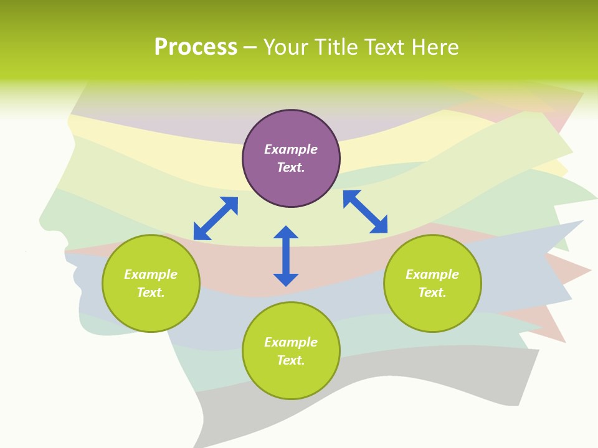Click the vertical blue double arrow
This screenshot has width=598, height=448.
pyautogui.click(x=286, y=256)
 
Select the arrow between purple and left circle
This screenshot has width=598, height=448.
pyautogui.click(x=216, y=218)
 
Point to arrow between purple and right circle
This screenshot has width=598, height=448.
pyautogui.click(x=366, y=212)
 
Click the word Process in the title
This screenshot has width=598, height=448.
pyautogui.click(x=196, y=47)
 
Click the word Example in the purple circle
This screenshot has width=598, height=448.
pyautogui.click(x=291, y=149)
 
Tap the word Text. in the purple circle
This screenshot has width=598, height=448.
pyautogui.click(x=291, y=167)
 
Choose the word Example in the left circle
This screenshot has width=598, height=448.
pyautogui.click(x=151, y=274)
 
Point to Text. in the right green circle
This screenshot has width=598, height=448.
pyautogui.click(x=432, y=292)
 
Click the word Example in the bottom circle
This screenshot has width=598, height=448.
pyautogui.click(x=291, y=342)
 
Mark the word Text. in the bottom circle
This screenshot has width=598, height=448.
pyautogui.click(x=291, y=360)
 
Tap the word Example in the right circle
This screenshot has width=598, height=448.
pyautogui.click(x=432, y=274)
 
